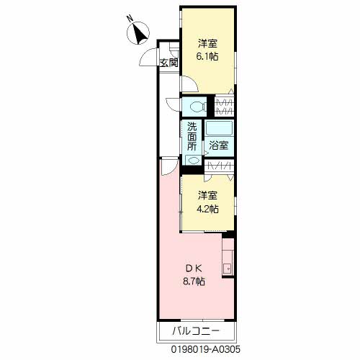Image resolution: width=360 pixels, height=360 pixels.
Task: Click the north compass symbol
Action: tap(138, 33)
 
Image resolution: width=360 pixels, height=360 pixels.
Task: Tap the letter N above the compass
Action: tap(130, 19)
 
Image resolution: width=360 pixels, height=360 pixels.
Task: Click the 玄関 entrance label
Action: tap(169, 63)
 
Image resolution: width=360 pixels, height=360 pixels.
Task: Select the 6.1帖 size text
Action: tap(207, 56)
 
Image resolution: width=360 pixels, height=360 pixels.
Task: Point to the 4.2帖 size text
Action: tap(207, 209)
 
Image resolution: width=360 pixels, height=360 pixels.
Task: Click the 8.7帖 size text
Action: tap(194, 281)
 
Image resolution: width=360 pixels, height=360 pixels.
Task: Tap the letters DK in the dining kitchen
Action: tap(194, 269)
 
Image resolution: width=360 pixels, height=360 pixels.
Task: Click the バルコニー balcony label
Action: tap(196, 331)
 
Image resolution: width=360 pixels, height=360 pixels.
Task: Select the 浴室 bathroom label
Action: tap(218, 145)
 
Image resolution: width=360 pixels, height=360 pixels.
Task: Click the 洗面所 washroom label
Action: tap(192, 136)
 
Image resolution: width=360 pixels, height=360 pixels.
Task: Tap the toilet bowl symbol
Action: tap(197, 107)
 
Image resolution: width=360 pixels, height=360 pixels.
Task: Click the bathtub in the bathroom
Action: tap(220, 128)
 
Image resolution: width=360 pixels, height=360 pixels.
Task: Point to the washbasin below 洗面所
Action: tap(193, 160)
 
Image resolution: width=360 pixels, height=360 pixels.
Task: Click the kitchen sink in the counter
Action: tap(227, 268)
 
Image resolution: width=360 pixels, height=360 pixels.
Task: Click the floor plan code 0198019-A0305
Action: tap(206, 349)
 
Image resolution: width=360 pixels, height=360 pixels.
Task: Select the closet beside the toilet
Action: tap(224, 107)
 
